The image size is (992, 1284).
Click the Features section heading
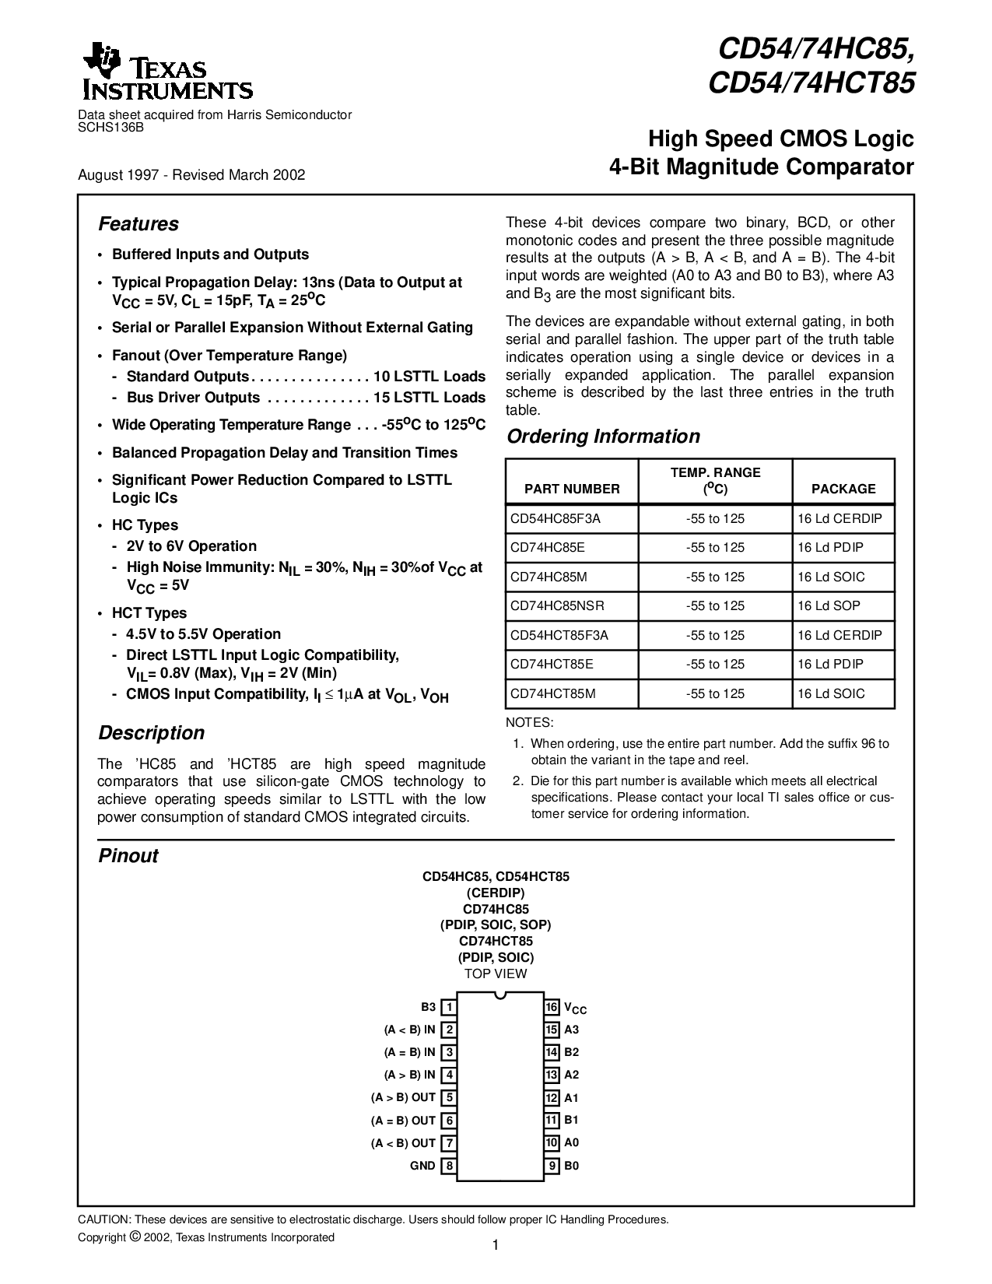tap(138, 224)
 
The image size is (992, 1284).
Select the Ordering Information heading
tap(603, 437)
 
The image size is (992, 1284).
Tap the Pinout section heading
tap(128, 856)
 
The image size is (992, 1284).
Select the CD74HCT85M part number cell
tap(553, 693)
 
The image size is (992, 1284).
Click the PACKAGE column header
tap(843, 489)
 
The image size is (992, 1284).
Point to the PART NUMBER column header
tap(572, 489)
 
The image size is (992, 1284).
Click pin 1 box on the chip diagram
tap(448, 1008)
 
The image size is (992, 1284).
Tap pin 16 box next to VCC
tap(552, 1008)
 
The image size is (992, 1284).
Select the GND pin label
tap(422, 1166)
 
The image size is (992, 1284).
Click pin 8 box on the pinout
tap(448, 1166)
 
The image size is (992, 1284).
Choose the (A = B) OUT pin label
tap(403, 1121)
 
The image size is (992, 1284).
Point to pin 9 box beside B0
tap(552, 1166)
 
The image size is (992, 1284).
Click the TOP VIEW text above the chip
tap(496, 974)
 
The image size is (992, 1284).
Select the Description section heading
tap(151, 733)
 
